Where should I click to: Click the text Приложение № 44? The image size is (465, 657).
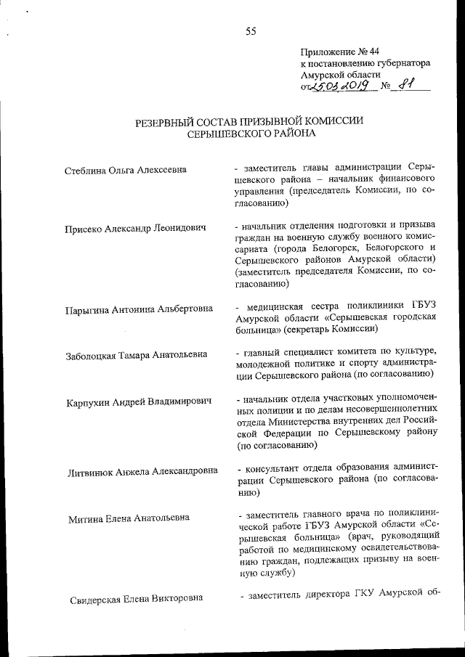339,52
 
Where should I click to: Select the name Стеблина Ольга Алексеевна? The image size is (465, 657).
124,170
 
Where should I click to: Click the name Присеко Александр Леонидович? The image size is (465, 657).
134,227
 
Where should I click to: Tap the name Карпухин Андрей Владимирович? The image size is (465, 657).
139,401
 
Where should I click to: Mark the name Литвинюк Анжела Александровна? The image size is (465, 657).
142,471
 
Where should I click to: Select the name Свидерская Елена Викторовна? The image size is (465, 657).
136,599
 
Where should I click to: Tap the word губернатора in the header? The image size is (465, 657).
400,63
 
